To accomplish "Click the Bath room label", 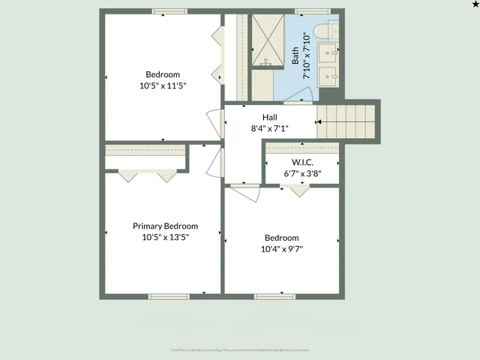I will pyautogui.click(x=296, y=54).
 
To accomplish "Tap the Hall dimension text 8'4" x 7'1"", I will pyautogui.click(x=269, y=129).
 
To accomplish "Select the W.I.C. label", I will pyautogui.click(x=302, y=163).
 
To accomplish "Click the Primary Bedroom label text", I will pyautogui.click(x=165, y=226).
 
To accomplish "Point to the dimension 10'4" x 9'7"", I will pyautogui.click(x=281, y=249).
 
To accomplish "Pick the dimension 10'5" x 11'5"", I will pyautogui.click(x=163, y=85).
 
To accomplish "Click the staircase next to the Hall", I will pyautogui.click(x=346, y=121).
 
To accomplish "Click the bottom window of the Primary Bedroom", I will pyautogui.click(x=168, y=296).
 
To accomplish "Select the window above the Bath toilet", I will pyautogui.click(x=307, y=11).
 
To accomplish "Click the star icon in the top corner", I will pyautogui.click(x=473, y=5).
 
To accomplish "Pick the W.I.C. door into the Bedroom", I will pyautogui.click(x=300, y=190).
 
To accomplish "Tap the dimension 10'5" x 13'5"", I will pyautogui.click(x=165, y=237).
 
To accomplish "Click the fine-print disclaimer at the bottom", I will pyautogui.click(x=239, y=349).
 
